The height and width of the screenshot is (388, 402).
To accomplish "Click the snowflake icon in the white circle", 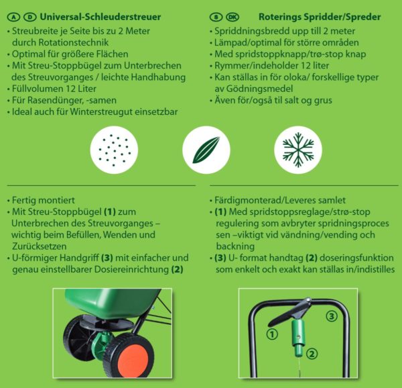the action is (298, 150).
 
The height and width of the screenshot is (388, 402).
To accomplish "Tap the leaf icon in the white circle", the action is (206, 150).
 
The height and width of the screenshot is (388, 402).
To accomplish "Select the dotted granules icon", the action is (114, 150).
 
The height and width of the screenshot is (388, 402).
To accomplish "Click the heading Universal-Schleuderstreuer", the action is (100, 17).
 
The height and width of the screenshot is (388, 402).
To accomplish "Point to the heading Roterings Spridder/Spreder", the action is (320, 17).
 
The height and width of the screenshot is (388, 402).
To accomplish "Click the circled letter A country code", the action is (13, 17).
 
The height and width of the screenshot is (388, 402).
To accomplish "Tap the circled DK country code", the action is (232, 17).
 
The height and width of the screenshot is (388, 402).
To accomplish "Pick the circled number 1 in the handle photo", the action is (272, 334).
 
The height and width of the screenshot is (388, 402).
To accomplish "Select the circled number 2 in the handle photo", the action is (312, 354).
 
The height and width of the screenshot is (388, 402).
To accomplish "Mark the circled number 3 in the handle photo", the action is (332, 316).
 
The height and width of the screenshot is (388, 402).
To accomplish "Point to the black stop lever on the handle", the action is (289, 313).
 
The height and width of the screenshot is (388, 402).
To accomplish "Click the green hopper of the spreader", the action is (111, 303).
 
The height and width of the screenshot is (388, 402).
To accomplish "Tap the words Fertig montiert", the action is (44, 200).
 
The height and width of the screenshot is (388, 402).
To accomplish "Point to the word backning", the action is (235, 246).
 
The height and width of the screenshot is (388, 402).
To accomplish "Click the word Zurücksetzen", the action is (40, 246).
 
